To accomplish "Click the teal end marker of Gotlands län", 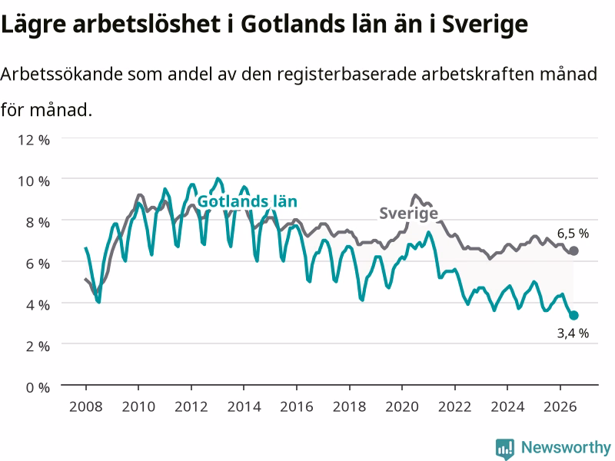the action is click(573, 315).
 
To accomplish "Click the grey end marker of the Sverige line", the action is click(573, 251).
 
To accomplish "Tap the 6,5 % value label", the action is click(573, 234).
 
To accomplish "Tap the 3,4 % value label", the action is click(573, 333).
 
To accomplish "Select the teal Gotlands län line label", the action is click(247, 201).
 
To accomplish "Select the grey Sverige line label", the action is click(408, 214).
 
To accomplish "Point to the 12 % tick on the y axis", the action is click(34, 140).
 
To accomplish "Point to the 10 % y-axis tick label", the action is click(34, 181).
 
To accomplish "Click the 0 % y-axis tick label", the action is click(38, 388).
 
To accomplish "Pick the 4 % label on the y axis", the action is click(38, 305).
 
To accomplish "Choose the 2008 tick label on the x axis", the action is click(86, 406).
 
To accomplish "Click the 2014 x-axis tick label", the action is click(244, 406).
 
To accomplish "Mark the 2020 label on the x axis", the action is click(402, 406).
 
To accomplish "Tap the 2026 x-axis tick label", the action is click(560, 406).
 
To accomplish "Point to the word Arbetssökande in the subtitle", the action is click(61, 74).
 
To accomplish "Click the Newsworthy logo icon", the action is click(505, 449).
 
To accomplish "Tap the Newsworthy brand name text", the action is click(566, 448).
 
